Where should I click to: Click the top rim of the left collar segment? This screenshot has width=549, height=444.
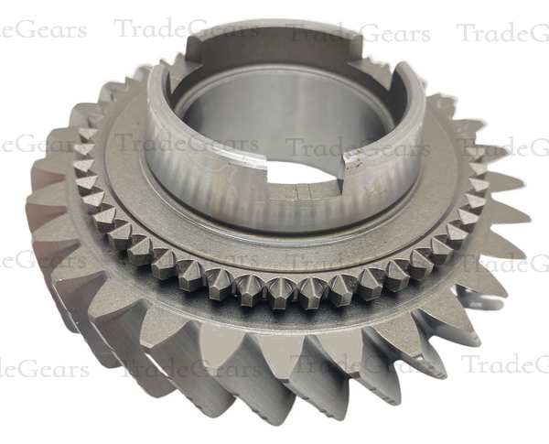pyautogui.click(x=156, y=92)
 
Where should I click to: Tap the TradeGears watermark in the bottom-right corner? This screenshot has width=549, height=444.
pyautogui.click(x=503, y=364)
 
